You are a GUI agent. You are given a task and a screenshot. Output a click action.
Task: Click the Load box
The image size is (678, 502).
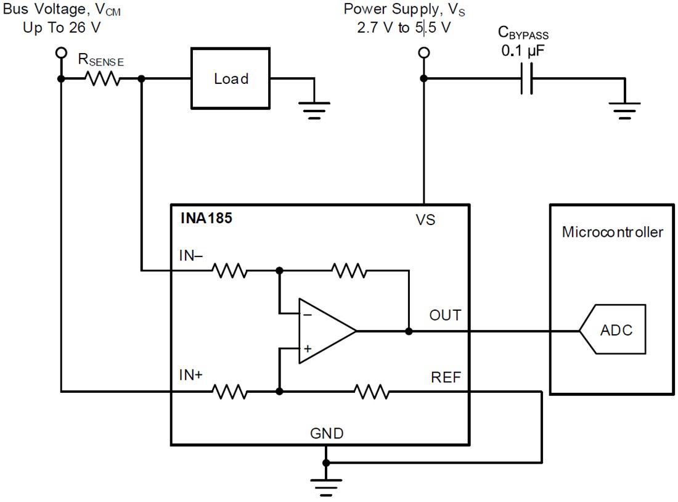(231, 79)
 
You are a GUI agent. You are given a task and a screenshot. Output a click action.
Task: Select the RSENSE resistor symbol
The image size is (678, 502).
(102, 79)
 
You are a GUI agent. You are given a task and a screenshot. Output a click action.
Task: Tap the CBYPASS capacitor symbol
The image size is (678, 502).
(526, 79)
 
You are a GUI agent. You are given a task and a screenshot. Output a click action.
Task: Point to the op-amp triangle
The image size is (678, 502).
(324, 331)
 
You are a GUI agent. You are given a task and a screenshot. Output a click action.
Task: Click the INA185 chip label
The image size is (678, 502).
(206, 218)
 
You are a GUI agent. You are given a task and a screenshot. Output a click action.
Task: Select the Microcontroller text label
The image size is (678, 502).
(612, 232)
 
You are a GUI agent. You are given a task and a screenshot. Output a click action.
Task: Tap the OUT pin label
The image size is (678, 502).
(444, 315)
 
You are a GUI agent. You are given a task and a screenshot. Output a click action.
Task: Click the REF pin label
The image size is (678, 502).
(446, 377)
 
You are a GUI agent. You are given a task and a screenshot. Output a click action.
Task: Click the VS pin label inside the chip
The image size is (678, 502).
(425, 220)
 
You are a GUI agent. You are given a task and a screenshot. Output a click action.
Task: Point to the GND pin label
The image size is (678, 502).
(327, 434)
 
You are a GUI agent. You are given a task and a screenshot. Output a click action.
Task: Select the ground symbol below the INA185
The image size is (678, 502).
(327, 484)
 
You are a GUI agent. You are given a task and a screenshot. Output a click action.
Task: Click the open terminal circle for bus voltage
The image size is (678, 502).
(60, 53)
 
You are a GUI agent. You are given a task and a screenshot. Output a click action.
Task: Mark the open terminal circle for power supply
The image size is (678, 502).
(423, 53)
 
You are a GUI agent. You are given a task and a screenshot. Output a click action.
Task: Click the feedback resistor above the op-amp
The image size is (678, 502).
(349, 270)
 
